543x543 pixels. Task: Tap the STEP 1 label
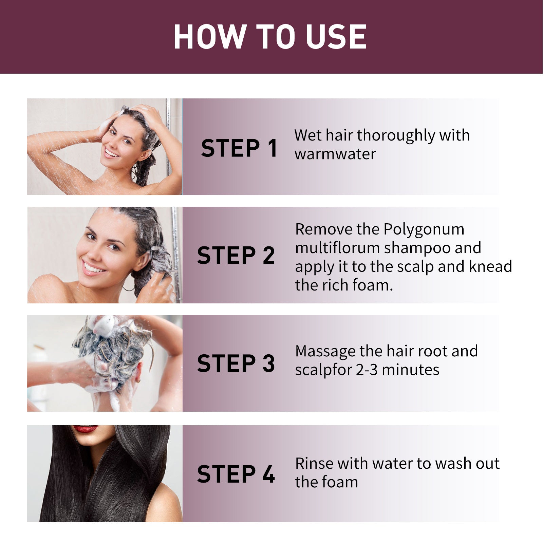(239, 148)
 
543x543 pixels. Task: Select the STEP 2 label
(236, 256)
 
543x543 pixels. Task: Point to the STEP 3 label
(236, 363)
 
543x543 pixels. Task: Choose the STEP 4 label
(236, 474)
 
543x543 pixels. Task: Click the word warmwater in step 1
(335, 154)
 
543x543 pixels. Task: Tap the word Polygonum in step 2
(424, 229)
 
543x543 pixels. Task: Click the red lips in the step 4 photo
(85, 429)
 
